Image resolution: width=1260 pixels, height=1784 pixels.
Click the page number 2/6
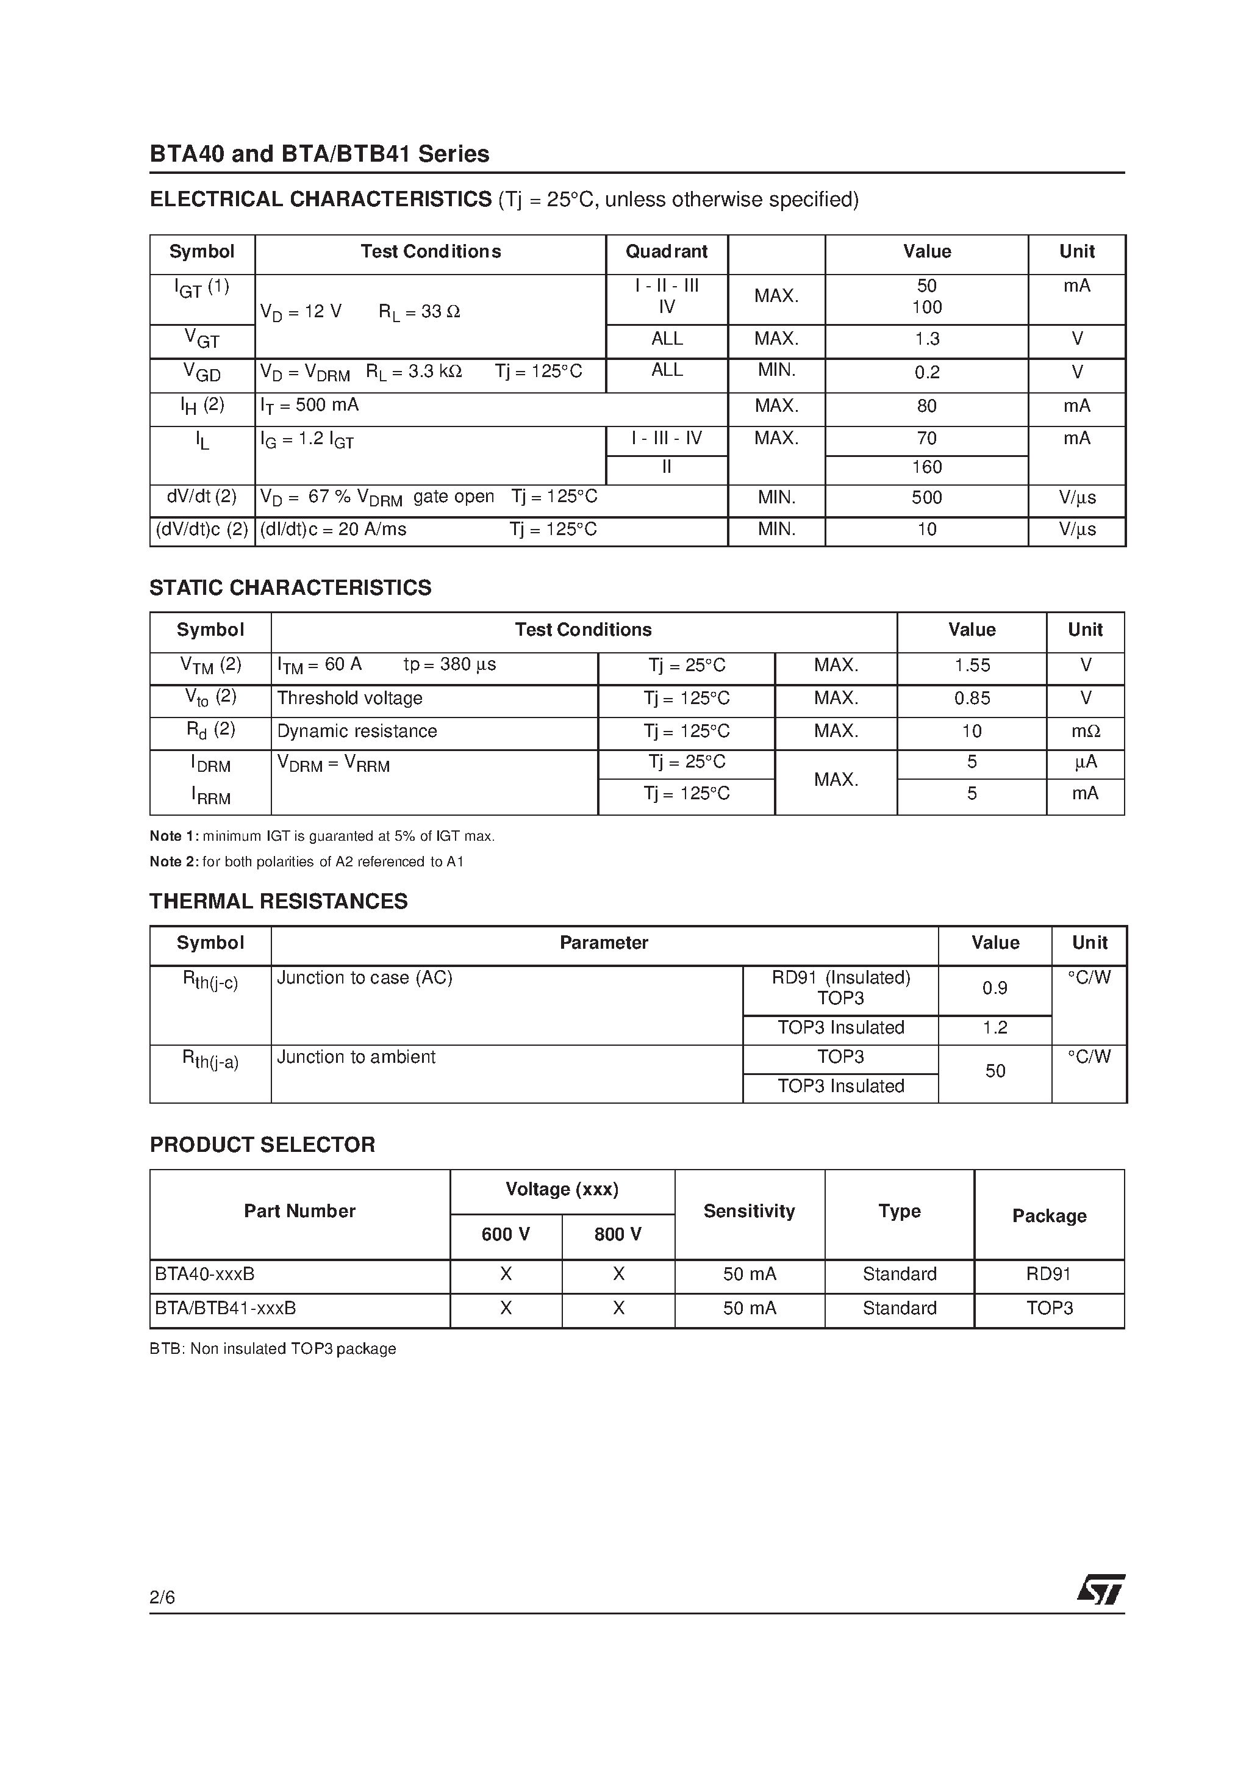click(x=162, y=1596)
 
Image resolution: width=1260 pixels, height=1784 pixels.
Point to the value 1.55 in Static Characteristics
click(x=972, y=665)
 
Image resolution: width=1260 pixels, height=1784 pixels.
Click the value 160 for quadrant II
click(x=927, y=467)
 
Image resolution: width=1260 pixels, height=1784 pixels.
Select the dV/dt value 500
click(x=927, y=497)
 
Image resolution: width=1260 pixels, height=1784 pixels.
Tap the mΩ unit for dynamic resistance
click(x=1085, y=731)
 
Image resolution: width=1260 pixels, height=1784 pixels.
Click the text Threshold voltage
click(x=349, y=698)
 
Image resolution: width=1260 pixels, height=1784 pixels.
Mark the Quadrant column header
click(x=667, y=252)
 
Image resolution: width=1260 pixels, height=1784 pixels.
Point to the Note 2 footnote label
click(x=174, y=861)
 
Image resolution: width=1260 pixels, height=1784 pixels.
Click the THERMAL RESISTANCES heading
click(x=278, y=901)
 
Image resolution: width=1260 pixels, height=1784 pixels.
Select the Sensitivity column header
click(x=749, y=1211)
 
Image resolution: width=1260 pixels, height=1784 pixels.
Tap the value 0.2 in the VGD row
click(x=927, y=372)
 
